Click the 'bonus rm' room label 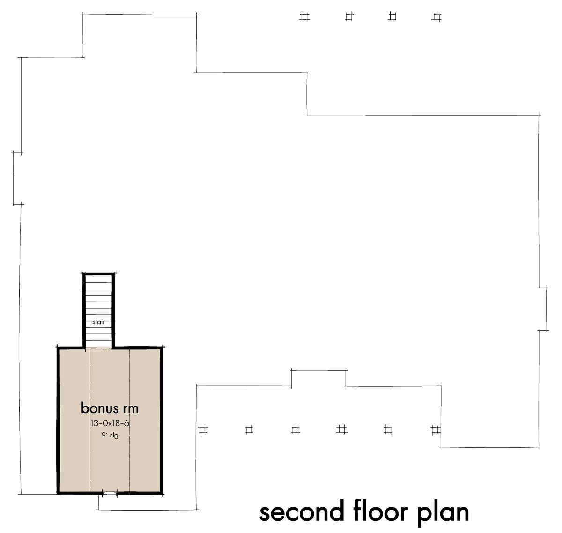coord(110,408)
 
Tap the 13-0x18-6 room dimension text coord(110,423)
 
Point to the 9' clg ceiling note coord(110,435)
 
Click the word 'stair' coord(98,322)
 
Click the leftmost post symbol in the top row coord(305,16)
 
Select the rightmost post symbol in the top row coord(436,18)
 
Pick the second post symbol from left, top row coord(349,16)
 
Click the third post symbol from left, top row coord(392,16)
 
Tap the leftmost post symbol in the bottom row coord(203,430)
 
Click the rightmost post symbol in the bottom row coord(436,430)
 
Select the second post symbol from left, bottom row coord(249,430)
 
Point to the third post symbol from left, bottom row coord(296,430)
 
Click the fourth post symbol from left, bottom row coord(341,429)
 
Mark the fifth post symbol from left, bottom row coord(388,430)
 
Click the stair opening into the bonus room coord(99,348)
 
